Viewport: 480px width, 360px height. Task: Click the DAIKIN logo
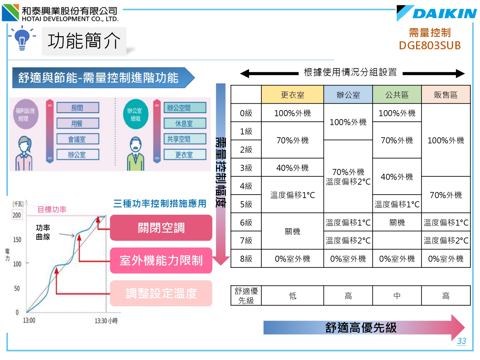tap(436, 13)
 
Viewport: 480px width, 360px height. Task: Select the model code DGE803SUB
tap(429, 45)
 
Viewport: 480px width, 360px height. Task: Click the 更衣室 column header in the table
tap(292, 95)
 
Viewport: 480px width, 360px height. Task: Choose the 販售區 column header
tap(446, 95)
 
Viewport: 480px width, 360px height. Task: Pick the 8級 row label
tap(246, 259)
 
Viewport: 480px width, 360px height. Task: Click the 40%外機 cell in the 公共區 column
tap(397, 177)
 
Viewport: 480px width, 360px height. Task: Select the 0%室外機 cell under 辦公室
tap(348, 259)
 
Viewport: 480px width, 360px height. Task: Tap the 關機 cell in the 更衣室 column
tap(292, 231)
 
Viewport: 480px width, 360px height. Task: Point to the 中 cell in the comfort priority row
tap(397, 296)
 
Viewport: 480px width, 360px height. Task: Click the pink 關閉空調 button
tap(161, 228)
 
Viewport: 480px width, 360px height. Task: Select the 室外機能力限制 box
tap(161, 260)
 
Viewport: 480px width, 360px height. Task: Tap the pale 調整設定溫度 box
tap(161, 293)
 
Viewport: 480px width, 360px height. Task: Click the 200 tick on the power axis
tap(17, 215)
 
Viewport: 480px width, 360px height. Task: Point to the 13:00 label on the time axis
tap(29, 320)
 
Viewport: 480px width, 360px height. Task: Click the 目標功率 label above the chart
tap(52, 210)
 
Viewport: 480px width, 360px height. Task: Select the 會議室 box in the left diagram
tap(77, 139)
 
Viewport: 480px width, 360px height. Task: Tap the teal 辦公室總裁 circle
tap(135, 114)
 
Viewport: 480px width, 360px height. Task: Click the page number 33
tap(461, 341)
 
